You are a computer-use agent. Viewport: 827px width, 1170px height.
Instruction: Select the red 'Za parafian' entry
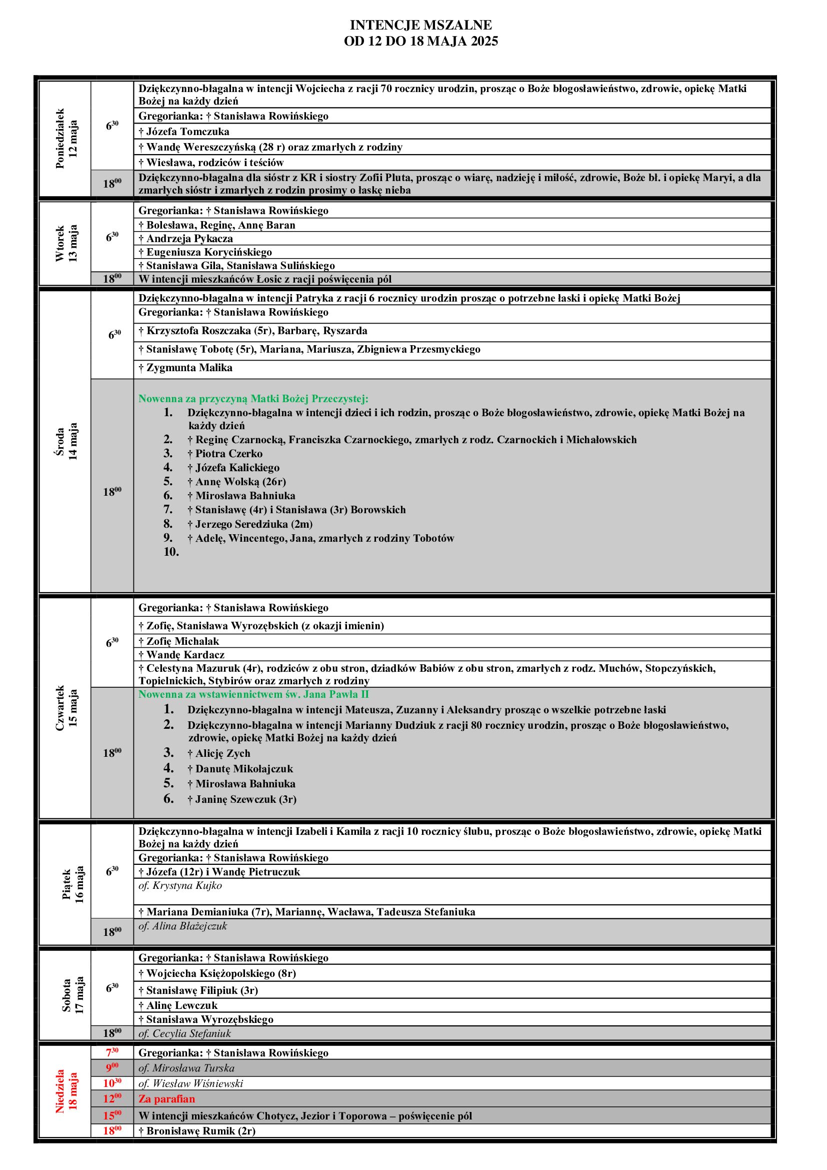(x=166, y=1099)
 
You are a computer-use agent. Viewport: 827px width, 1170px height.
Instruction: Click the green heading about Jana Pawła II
(x=253, y=694)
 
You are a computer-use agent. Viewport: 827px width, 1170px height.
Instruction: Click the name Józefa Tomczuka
(x=184, y=132)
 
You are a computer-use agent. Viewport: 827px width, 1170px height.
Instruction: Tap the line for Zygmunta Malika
(x=185, y=368)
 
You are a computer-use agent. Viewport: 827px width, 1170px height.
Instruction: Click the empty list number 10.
(x=171, y=552)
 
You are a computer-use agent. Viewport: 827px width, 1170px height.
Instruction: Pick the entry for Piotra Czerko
(x=224, y=454)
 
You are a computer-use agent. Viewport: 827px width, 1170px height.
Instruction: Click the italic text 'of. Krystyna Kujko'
(x=180, y=885)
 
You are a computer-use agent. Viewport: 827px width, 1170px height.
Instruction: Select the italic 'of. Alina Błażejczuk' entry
(x=182, y=926)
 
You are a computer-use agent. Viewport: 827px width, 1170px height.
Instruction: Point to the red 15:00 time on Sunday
(x=112, y=1115)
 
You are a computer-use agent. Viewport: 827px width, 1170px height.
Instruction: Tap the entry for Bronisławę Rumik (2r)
(x=196, y=1131)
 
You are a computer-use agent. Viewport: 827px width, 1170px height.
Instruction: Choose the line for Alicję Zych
(x=218, y=753)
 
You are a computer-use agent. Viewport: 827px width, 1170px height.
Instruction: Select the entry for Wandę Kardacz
(x=181, y=654)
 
